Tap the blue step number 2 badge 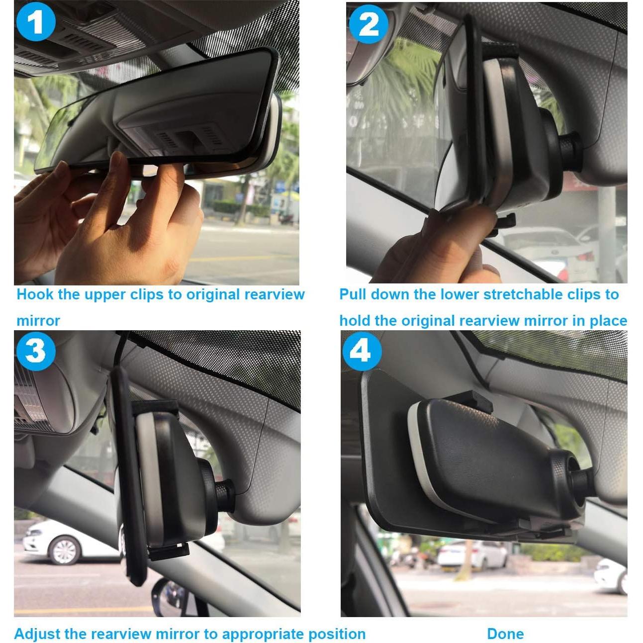point(368,23)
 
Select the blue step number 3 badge point(35,351)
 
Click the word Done point(505,634)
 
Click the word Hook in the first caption point(35,294)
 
